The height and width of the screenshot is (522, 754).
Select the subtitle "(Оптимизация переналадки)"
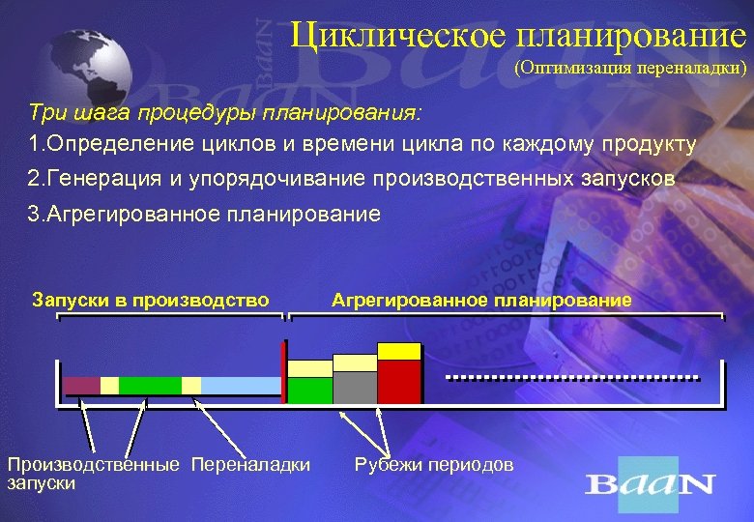tap(629, 69)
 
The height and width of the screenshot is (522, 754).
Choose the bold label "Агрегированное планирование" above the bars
tap(481, 300)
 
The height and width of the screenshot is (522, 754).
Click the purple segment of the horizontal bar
tap(82, 386)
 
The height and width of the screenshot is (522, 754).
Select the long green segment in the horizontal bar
tap(150, 386)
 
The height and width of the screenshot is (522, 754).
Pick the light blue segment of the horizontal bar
tap(241, 386)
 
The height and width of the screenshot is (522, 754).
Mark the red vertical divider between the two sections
tap(284, 372)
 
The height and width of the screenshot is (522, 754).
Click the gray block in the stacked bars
tap(355, 387)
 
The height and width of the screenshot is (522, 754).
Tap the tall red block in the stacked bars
tap(399, 382)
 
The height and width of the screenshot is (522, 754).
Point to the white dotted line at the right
tap(570, 375)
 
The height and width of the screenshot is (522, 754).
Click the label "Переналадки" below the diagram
tap(251, 465)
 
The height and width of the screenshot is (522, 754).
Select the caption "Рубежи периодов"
tap(435, 465)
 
